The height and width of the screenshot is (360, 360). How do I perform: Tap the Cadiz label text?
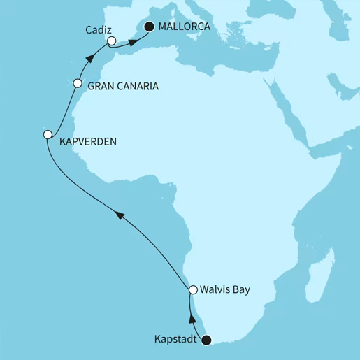pyautogui.click(x=96, y=31)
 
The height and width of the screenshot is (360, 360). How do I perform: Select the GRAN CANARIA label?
pyautogui.click(x=122, y=87)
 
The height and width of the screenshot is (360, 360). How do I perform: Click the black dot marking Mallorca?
pyautogui.click(x=149, y=27)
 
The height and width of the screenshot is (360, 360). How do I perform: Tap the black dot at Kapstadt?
pyautogui.click(x=206, y=340)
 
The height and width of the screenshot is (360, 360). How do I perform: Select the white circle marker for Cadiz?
pyautogui.click(x=112, y=41)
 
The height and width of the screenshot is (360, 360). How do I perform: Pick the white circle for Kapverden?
pyautogui.click(x=47, y=134)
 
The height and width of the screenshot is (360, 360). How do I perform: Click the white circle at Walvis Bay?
pyautogui.click(x=194, y=289)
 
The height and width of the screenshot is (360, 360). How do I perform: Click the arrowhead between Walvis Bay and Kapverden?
pyautogui.click(x=120, y=217)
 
